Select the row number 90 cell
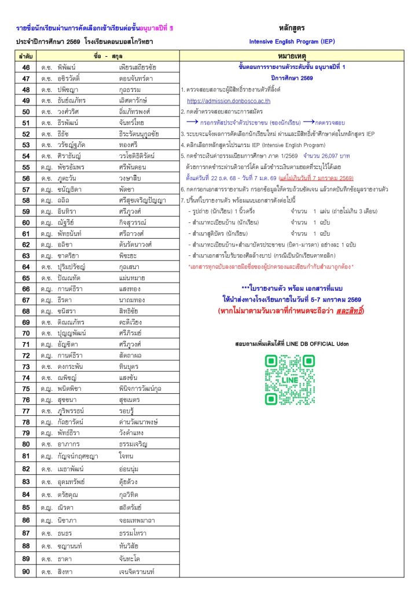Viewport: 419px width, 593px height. pos(26,572)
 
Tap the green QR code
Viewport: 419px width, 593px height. pos(289,380)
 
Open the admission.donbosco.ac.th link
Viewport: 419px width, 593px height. pos(220,101)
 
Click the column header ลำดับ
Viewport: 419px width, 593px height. pos(25,56)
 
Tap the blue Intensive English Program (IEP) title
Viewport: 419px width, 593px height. pos(292,42)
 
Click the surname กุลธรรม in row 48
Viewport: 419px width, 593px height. pos(131,90)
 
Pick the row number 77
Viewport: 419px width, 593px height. pos(26,411)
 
